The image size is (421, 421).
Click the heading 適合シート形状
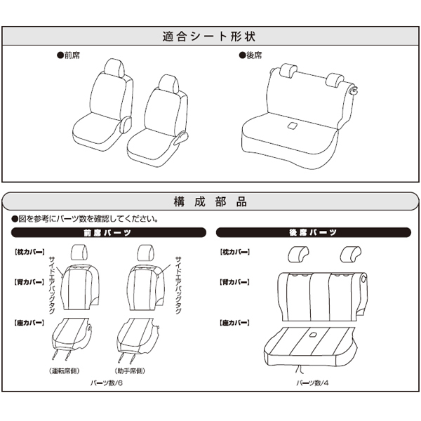coord(208,36)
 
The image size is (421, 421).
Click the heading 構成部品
coord(210,201)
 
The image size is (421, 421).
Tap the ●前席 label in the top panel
coord(68,55)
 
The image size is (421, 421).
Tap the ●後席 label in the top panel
coord(250,55)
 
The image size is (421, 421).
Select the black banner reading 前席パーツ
coord(109,232)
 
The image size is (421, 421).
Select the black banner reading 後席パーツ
coord(314,232)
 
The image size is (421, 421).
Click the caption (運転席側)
coord(65,370)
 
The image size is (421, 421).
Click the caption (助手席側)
coord(130,370)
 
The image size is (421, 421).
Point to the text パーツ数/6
coord(107,383)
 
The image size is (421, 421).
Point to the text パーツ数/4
coord(312,383)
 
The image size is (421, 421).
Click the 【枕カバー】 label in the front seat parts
coord(29,252)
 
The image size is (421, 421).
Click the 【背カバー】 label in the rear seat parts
coord(234,282)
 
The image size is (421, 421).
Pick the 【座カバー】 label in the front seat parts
coord(29,323)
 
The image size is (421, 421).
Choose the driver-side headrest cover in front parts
coord(79,253)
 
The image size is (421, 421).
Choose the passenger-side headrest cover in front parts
coord(145,253)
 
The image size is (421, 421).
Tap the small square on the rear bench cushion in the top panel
coord(292,126)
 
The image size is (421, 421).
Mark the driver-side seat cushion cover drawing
coord(72,339)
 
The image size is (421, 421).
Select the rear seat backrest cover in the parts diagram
coord(322,297)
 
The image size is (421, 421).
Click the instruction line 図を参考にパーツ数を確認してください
coord(85,219)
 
